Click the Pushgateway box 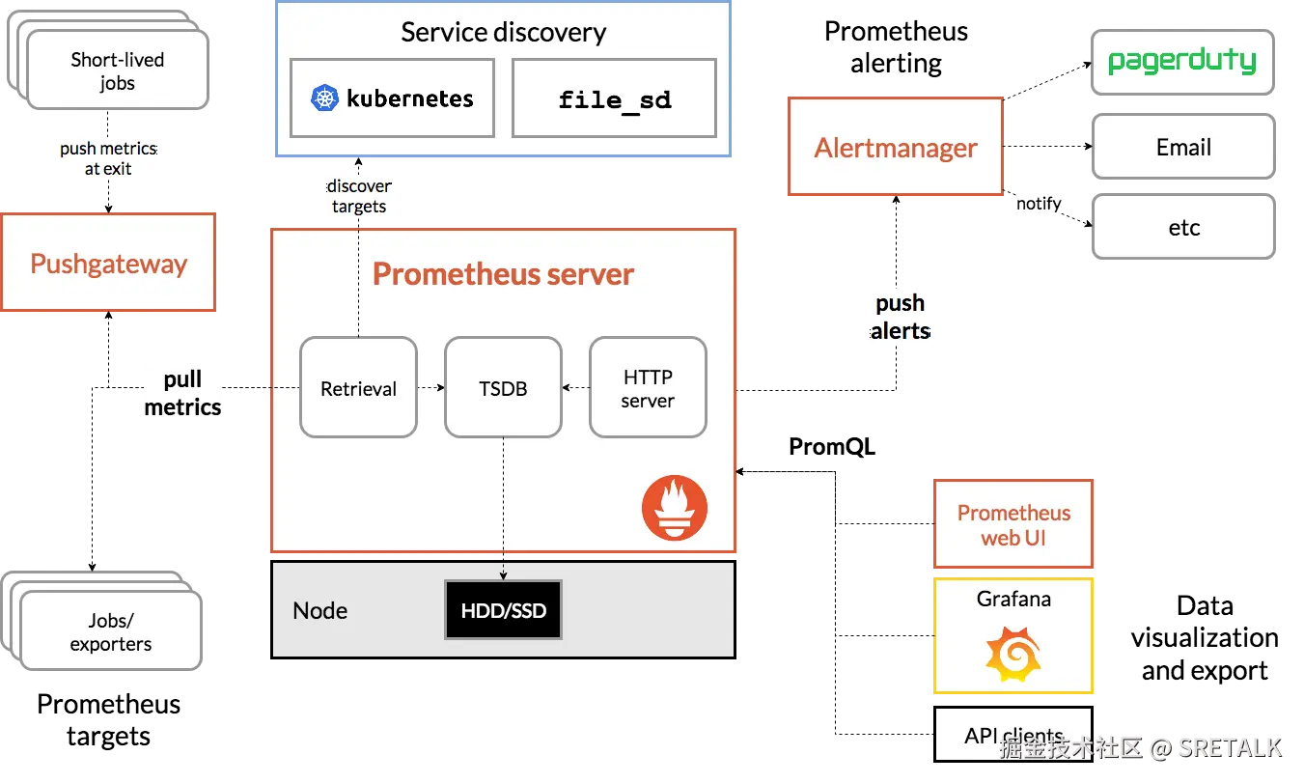click(108, 264)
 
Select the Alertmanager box click(896, 148)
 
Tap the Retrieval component click(358, 388)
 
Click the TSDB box click(503, 388)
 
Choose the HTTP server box click(648, 388)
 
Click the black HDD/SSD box click(503, 610)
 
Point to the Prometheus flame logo click(675, 508)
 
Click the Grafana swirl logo click(1013, 654)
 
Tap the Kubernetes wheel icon click(324, 98)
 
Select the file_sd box click(614, 98)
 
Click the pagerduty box click(1182, 62)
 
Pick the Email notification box click(1182, 147)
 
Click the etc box click(1182, 228)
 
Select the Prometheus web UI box click(1013, 525)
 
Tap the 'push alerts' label click(900, 318)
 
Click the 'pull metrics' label click(182, 394)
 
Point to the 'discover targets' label click(359, 196)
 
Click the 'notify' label click(1039, 204)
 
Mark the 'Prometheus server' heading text click(503, 274)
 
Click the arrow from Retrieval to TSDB click(430, 388)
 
